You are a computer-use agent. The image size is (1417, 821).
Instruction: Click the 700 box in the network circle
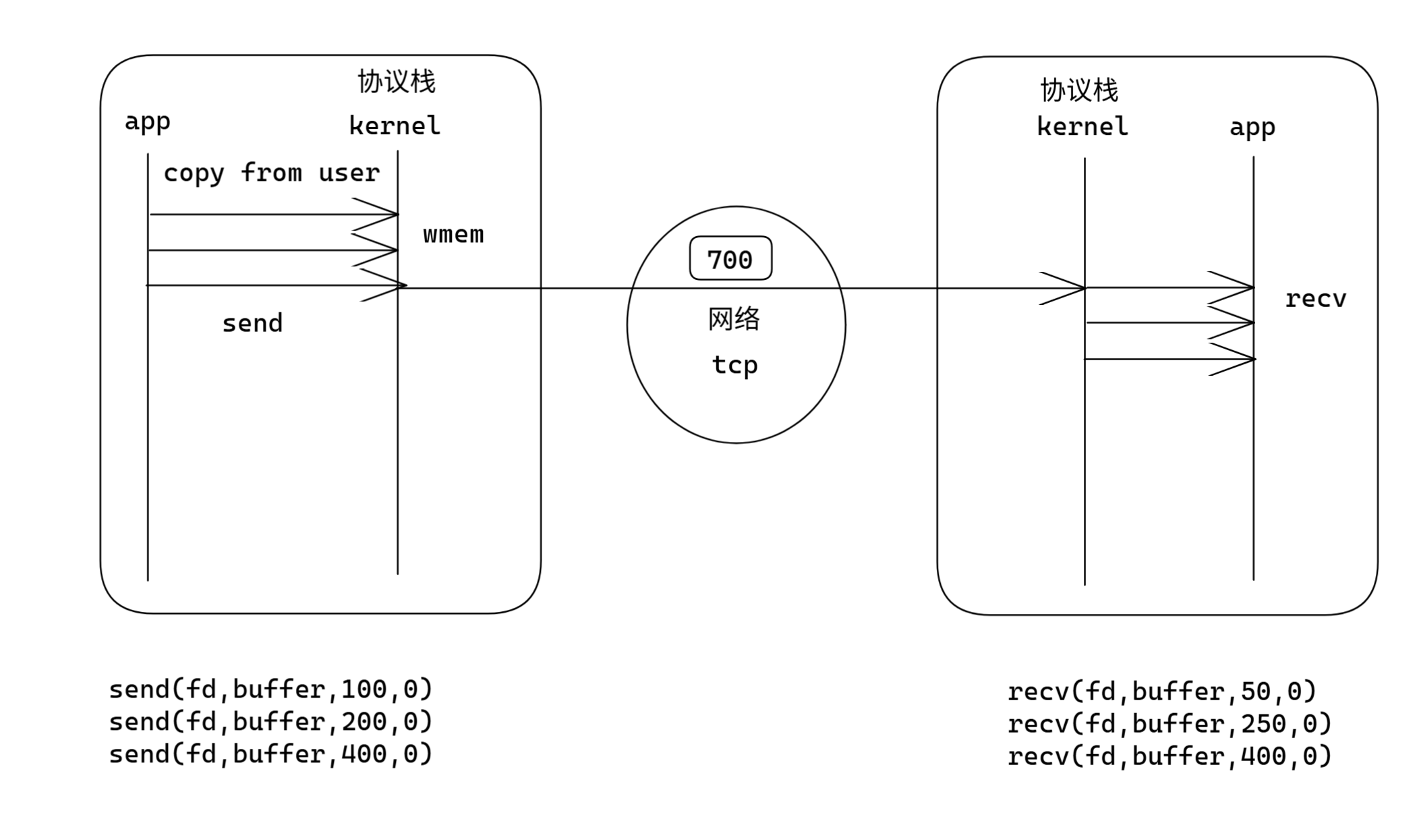(730, 258)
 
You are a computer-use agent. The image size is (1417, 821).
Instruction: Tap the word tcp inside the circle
(734, 365)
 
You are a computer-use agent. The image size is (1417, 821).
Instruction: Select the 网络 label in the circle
(734, 319)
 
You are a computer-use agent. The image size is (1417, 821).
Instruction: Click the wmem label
(453, 235)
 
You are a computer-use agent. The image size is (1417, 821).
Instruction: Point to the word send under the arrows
(252, 323)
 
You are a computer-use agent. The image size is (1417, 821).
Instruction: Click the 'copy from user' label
(271, 173)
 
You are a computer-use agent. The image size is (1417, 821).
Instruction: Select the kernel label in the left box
(395, 125)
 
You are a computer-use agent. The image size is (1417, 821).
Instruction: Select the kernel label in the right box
(1082, 127)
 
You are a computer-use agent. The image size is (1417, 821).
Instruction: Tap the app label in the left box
(147, 122)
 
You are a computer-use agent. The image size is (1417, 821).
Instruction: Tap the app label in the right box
(1252, 128)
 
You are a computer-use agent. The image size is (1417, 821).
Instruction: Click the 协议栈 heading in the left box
(397, 82)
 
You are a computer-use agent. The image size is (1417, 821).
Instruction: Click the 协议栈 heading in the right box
(1079, 90)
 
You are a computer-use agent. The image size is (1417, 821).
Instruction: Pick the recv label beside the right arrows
(1315, 299)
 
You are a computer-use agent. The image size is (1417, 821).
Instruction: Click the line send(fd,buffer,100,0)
(270, 689)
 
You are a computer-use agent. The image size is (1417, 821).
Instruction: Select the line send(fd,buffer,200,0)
(270, 722)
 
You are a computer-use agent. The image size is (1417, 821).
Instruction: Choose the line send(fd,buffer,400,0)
(270, 754)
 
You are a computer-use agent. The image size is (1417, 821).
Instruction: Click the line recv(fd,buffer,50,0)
(1161, 691)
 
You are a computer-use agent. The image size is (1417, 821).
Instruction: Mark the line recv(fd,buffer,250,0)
(1169, 724)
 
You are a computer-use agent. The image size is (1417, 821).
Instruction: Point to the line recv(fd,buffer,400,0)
(1169, 756)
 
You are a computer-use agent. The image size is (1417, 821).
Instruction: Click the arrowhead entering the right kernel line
(1072, 288)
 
